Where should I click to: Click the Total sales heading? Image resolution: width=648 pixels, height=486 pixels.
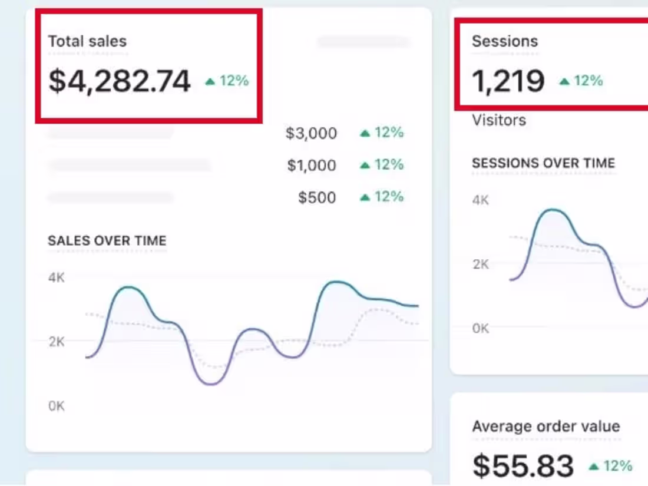point(87,41)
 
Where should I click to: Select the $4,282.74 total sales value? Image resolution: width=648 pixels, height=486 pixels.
point(120,81)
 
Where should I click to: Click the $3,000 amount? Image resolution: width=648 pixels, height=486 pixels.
point(311,134)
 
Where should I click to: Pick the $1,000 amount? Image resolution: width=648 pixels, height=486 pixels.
point(312,166)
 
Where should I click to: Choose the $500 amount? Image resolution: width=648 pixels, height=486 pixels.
point(317,197)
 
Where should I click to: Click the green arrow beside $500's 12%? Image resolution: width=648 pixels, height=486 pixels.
point(365,197)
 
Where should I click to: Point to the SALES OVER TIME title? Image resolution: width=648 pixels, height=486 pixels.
point(107,241)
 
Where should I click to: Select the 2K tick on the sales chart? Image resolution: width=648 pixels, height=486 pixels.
point(57,342)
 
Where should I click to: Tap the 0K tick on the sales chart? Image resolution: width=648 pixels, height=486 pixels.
point(57,406)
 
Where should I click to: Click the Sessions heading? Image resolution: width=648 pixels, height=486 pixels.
point(505,41)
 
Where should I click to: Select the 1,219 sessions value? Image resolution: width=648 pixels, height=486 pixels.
point(508,81)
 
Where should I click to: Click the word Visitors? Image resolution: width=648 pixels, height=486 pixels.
point(499,120)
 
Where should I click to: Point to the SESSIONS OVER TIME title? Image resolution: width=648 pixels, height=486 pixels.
point(543,163)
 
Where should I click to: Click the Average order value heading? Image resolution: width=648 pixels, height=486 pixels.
point(546,427)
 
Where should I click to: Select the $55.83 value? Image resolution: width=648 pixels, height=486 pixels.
point(523,466)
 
